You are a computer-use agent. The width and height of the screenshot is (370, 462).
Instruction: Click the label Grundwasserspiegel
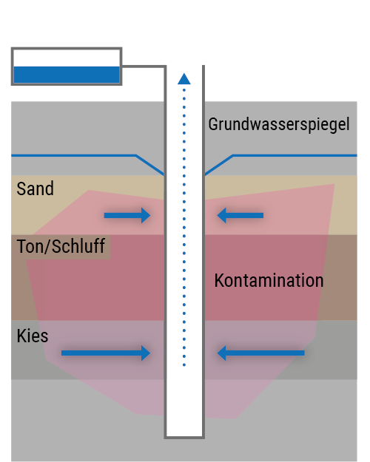point(279,125)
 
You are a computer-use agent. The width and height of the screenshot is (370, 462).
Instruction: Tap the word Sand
point(35,188)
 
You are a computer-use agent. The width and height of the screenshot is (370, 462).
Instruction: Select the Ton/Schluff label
point(61,246)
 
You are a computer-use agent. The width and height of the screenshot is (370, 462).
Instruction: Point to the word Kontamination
point(269,280)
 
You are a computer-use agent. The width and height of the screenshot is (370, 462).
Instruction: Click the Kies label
point(32,336)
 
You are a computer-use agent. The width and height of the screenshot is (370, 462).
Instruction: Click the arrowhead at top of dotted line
point(184,78)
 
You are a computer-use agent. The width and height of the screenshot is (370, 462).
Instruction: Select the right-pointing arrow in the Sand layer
point(127,215)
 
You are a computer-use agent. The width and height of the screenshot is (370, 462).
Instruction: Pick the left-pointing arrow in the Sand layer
point(240,215)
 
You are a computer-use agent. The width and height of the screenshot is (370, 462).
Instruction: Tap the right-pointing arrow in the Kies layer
point(106,353)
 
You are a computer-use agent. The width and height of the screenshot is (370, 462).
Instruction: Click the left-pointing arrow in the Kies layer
point(260,353)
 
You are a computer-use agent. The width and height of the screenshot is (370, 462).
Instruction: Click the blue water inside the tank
point(67,75)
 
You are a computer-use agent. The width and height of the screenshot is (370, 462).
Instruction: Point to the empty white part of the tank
point(67,58)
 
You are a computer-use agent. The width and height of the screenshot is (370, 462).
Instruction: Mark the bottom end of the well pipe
point(184,438)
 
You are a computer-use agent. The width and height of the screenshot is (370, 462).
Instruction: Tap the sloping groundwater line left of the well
point(150,165)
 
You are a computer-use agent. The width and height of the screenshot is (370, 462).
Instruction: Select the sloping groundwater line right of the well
point(218,165)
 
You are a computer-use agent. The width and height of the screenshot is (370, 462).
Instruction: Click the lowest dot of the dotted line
point(184,365)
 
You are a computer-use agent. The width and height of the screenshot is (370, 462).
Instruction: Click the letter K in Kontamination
point(219,280)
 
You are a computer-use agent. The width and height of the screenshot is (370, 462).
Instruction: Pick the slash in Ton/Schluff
point(47,246)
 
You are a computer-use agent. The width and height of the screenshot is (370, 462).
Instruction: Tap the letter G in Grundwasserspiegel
point(212,124)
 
